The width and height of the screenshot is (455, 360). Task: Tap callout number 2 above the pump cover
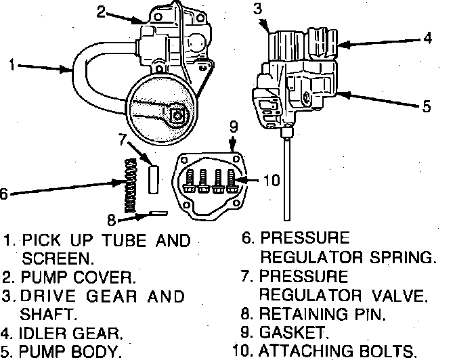(101, 11)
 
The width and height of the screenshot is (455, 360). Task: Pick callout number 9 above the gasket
(232, 126)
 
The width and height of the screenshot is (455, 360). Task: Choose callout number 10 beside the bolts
(271, 180)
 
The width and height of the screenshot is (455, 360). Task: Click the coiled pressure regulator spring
(129, 182)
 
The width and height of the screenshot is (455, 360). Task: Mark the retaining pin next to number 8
(156, 214)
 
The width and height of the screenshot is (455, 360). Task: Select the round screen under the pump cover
(162, 108)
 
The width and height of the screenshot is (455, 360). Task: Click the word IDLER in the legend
(45, 333)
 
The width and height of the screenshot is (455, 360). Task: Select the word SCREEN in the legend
(58, 258)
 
